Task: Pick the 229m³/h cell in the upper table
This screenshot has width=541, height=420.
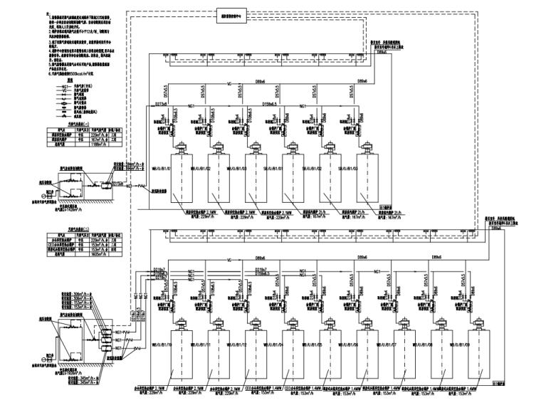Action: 102,133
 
